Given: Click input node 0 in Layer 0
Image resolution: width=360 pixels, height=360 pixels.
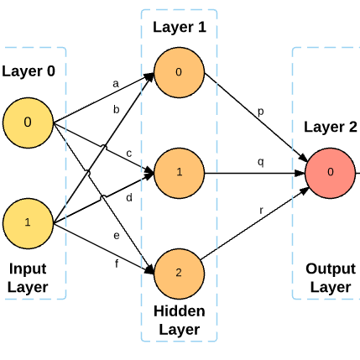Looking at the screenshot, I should [28, 123].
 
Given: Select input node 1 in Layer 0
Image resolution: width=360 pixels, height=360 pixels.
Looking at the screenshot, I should [28, 222].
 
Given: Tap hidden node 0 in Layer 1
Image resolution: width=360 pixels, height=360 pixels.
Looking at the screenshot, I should [179, 72].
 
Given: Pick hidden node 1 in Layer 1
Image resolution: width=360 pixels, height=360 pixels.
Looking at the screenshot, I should [179, 173].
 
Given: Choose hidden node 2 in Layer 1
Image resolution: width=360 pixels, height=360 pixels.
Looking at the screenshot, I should [179, 273].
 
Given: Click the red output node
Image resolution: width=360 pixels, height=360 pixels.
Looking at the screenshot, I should [331, 173].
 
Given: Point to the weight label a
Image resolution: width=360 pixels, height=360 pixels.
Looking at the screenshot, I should [116, 83].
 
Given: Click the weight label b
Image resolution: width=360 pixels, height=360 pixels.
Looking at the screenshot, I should [117, 109].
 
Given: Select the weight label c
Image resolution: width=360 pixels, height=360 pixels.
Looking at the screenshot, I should [128, 154].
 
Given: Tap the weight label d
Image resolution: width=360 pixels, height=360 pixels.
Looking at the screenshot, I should [128, 198].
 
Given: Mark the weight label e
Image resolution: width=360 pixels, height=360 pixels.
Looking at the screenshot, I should [117, 236].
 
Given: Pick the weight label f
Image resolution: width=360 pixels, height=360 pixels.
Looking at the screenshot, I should [116, 264].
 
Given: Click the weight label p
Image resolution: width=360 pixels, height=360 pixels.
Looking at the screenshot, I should [261, 112].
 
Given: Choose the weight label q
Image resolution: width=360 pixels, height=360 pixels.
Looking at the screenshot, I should [260, 161].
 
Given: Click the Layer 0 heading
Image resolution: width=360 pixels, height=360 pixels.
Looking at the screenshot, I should [29, 70].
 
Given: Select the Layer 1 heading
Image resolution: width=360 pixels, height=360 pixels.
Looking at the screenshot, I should [179, 27].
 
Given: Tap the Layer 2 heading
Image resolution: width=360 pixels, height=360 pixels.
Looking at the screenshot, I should [330, 128].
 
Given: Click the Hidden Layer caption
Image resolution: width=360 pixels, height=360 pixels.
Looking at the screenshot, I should [179, 320].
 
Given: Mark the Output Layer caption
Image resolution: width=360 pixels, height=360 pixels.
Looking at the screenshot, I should [330, 278].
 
